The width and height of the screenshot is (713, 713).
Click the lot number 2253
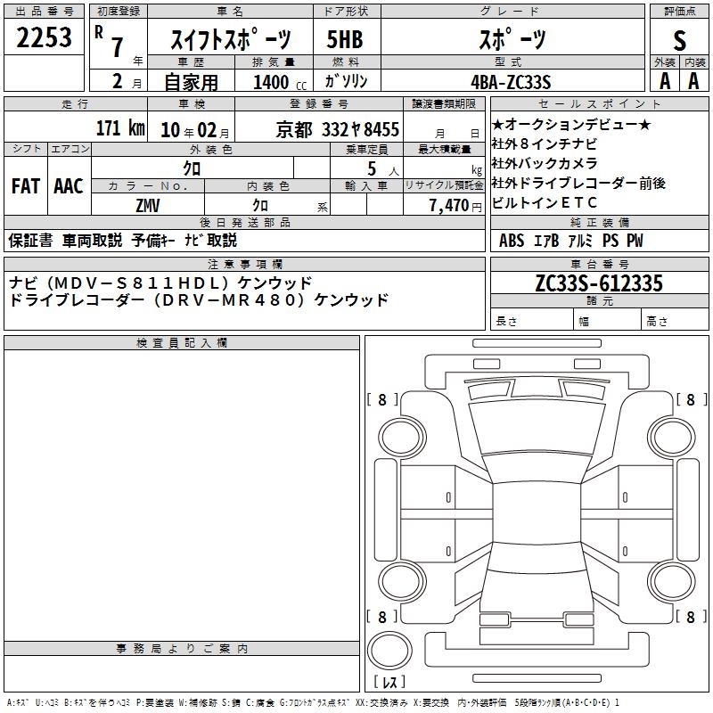44,37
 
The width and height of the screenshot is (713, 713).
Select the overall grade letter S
679,40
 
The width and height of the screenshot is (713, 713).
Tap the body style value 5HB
345,39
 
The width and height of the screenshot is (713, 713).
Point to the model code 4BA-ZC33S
511,82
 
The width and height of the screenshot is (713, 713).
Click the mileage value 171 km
120,127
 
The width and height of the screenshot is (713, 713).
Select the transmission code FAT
26,186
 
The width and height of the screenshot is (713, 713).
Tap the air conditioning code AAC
69,186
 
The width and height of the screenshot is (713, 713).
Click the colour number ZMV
148,206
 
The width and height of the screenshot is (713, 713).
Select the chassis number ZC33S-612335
599,283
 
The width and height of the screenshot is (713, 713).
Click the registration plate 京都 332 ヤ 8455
338,130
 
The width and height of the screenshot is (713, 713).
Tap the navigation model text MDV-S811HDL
141,283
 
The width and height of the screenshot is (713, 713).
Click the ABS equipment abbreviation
512,241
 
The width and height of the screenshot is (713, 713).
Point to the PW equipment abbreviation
635,241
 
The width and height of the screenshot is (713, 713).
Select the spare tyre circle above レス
389,651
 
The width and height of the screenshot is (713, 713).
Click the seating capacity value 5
372,168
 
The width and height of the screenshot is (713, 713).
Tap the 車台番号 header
599,264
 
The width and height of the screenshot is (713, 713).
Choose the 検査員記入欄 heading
182,343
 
